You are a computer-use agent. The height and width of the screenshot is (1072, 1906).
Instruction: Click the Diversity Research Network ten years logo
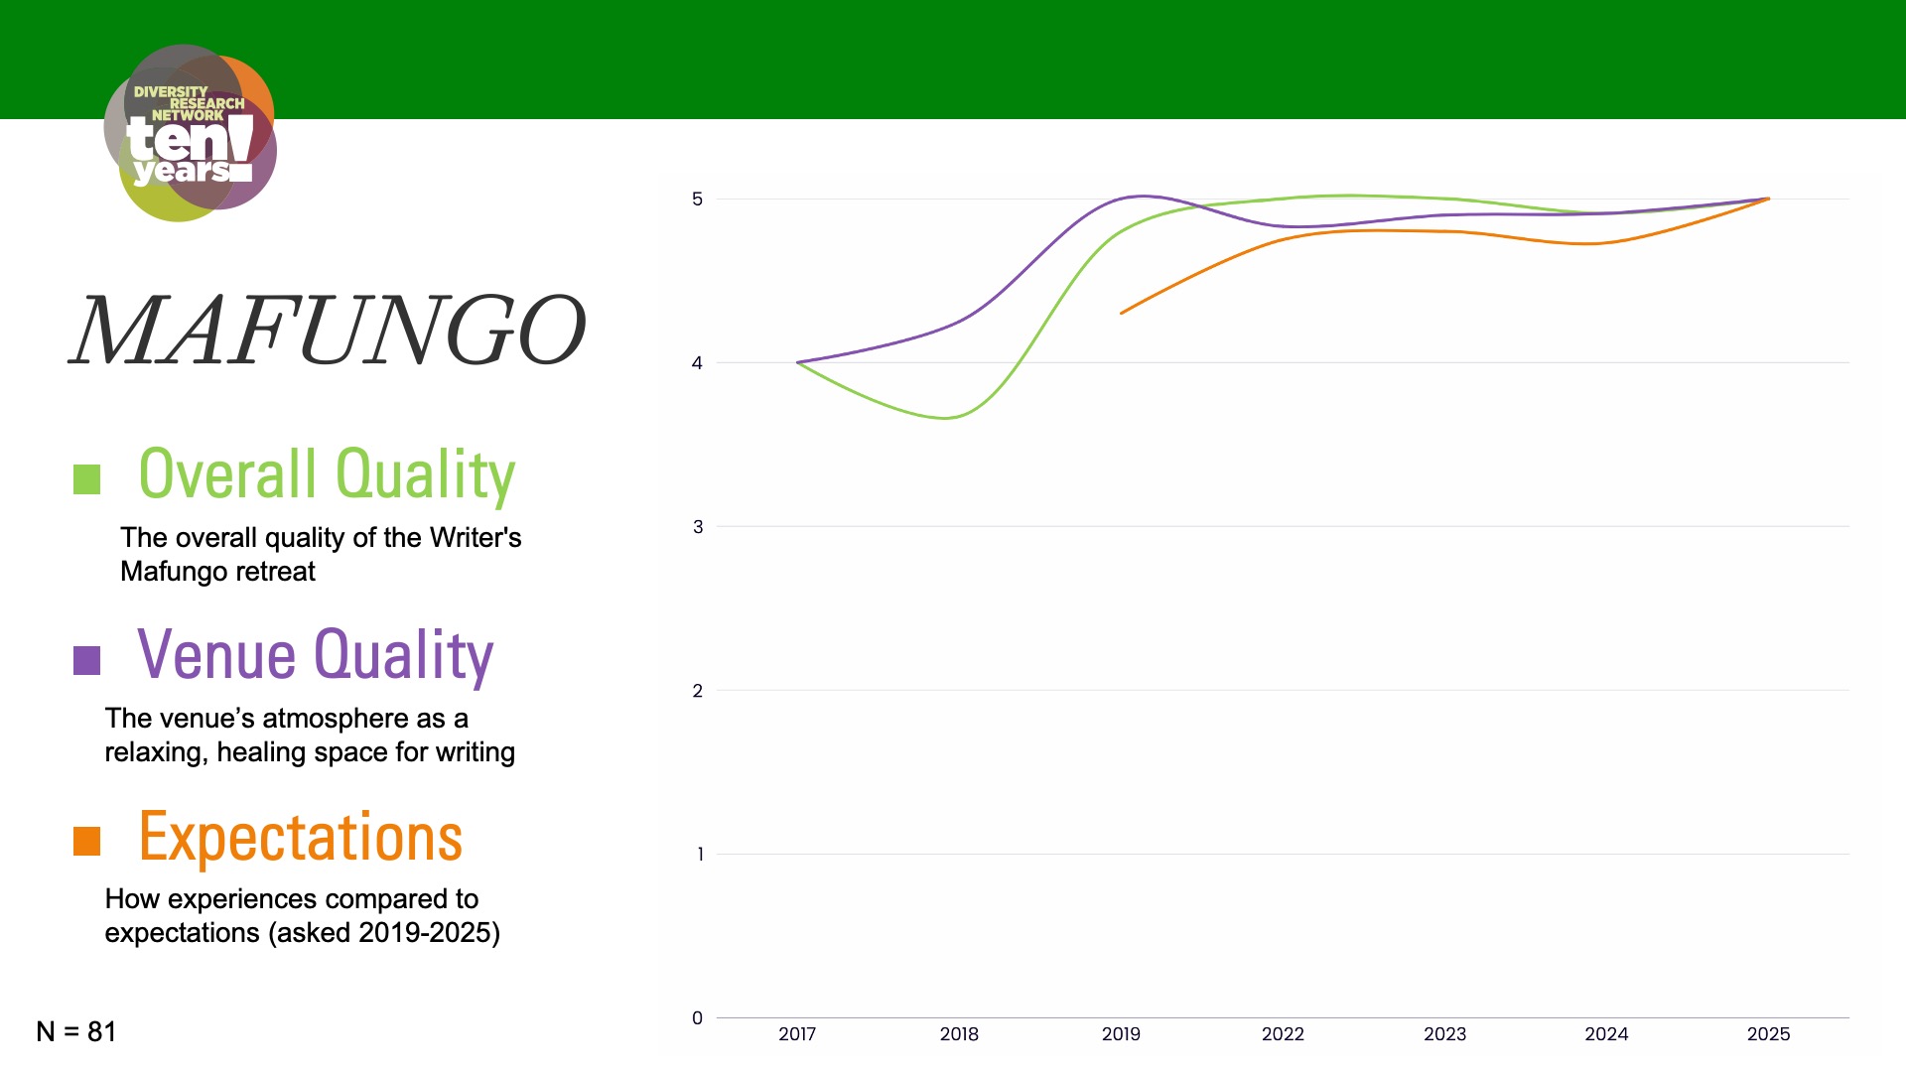(190, 133)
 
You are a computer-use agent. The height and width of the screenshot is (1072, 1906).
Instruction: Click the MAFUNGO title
(328, 331)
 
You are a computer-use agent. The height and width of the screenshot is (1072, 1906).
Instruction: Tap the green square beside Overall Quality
(87, 479)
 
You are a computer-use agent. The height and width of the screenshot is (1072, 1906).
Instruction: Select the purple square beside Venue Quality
(87, 660)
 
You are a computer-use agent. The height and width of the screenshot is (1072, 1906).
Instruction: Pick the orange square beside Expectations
(87, 841)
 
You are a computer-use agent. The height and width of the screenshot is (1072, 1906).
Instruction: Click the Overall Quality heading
(327, 474)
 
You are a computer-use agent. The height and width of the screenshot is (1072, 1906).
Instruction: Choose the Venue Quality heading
(315, 655)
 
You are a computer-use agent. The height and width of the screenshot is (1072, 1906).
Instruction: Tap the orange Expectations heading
(300, 837)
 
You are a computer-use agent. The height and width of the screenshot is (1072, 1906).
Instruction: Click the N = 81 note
(76, 1031)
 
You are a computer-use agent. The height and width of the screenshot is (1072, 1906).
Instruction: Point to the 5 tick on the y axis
(697, 200)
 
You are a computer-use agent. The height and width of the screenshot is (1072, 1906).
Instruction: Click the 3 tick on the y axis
(697, 527)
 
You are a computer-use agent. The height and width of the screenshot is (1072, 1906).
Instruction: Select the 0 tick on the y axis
(697, 1017)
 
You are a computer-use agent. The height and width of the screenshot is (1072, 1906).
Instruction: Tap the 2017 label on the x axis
(797, 1034)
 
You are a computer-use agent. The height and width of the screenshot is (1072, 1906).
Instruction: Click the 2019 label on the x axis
(1121, 1034)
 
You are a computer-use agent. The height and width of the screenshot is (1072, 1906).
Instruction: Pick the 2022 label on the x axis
(1283, 1034)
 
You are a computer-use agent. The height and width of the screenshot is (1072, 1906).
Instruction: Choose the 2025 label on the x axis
(1768, 1034)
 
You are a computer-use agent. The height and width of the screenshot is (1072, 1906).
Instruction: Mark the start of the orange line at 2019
(1122, 314)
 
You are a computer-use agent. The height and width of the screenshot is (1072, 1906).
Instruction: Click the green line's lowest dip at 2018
(947, 418)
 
